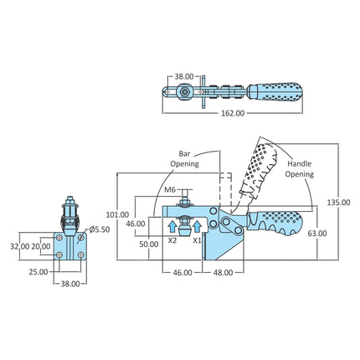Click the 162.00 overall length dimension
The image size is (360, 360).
point(233,113)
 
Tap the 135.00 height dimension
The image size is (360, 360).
point(338,203)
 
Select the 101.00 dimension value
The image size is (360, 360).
point(117,215)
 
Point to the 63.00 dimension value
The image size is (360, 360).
point(317,234)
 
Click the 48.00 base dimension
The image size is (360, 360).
point(223,273)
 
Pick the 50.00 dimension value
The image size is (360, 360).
point(149,244)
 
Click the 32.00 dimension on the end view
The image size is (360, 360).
point(19,247)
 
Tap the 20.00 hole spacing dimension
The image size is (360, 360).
point(41,247)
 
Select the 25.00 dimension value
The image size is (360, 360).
point(39,272)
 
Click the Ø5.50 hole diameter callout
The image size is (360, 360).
point(100,229)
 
